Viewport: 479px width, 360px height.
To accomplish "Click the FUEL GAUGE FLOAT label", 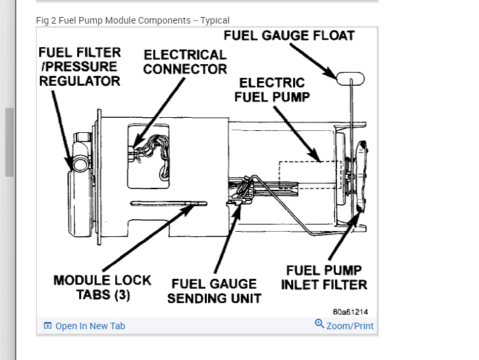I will tap(289, 35).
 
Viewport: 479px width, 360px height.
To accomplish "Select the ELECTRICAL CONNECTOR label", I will tap(185, 62).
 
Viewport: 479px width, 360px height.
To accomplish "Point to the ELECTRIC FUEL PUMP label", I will tap(272, 90).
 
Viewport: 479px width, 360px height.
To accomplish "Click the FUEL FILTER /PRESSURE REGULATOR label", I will tap(79, 66).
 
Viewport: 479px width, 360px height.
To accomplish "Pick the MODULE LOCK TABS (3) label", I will tap(102, 287).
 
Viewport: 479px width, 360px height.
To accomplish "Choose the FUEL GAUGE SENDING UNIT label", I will tap(214, 291).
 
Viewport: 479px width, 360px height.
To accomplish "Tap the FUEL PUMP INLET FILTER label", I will tap(324, 277).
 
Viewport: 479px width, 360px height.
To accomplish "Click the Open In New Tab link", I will tap(90, 326).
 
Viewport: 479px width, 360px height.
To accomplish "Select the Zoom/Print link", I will tap(350, 326).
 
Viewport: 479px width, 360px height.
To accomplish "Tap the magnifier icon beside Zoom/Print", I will tap(319, 324).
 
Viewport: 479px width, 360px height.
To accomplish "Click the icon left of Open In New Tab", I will tap(48, 326).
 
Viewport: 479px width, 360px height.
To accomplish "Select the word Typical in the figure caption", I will tap(215, 20).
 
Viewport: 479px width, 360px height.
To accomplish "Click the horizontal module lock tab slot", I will tap(168, 203).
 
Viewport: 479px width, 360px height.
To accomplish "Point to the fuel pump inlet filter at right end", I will tap(361, 177).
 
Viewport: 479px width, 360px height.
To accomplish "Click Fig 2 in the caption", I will tap(46, 20).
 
